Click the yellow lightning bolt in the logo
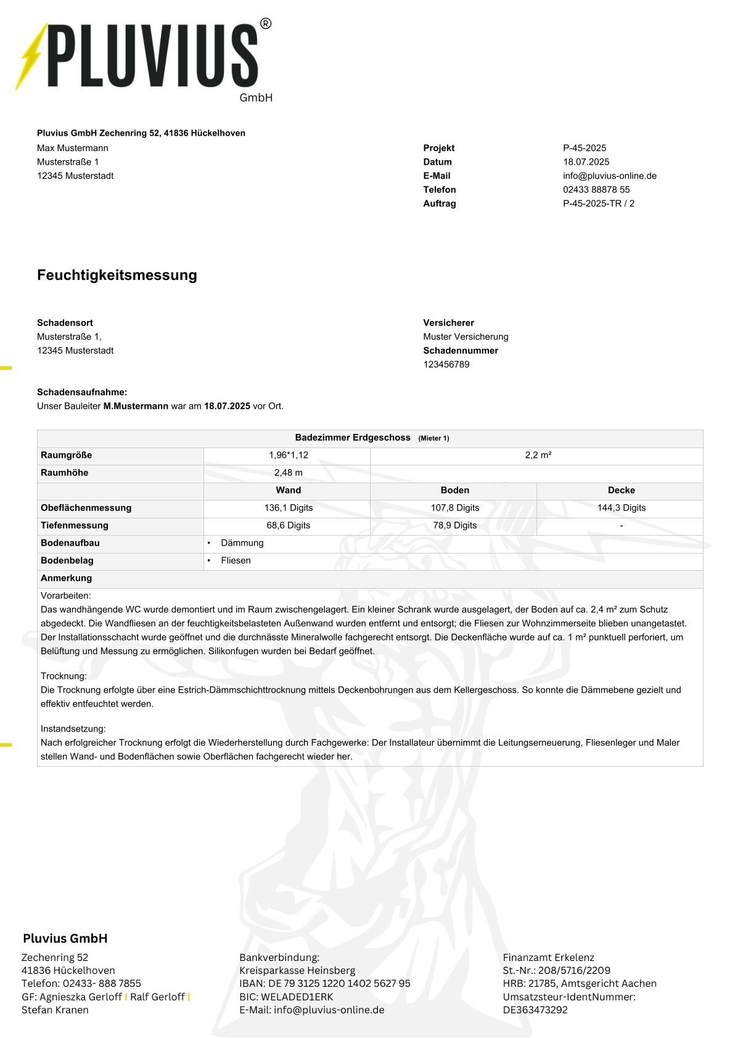pyautogui.click(x=31, y=57)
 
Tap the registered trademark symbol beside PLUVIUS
pyautogui.click(x=265, y=24)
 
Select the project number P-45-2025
pyautogui.click(x=584, y=148)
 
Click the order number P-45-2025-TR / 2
pyautogui.click(x=598, y=203)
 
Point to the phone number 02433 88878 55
pyautogui.click(x=596, y=190)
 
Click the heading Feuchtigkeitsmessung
pyautogui.click(x=117, y=275)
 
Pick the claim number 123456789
pyautogui.click(x=446, y=364)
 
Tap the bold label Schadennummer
pyautogui.click(x=460, y=351)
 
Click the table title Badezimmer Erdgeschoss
pyautogui.click(x=352, y=438)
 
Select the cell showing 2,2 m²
pyautogui.click(x=538, y=455)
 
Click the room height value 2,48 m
pyautogui.click(x=288, y=473)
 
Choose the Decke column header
pyautogui.click(x=621, y=490)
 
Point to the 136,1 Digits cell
pyautogui.click(x=288, y=508)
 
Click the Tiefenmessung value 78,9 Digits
pyautogui.click(x=454, y=525)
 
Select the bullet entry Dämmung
pyautogui.click(x=242, y=543)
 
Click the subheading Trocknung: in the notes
pyautogui.click(x=64, y=676)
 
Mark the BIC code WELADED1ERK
pyautogui.click(x=297, y=997)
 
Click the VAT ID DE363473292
pyautogui.click(x=535, y=1010)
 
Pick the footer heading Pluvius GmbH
pyautogui.click(x=65, y=938)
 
